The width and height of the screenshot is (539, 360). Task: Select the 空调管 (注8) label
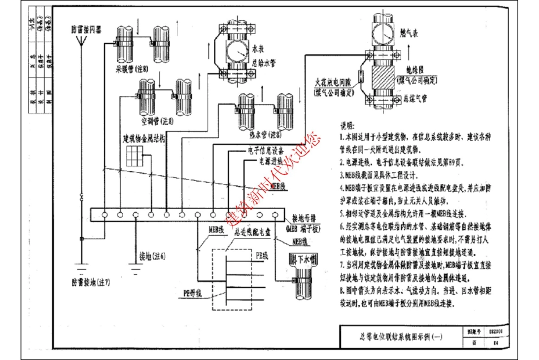(157, 120)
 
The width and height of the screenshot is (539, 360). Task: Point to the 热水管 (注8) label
(266, 135)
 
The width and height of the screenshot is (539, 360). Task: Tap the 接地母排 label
(305, 217)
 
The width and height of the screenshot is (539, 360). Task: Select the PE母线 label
(193, 293)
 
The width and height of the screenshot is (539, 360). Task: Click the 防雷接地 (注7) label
(91, 282)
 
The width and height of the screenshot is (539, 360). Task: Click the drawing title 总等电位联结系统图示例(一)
(399, 337)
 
